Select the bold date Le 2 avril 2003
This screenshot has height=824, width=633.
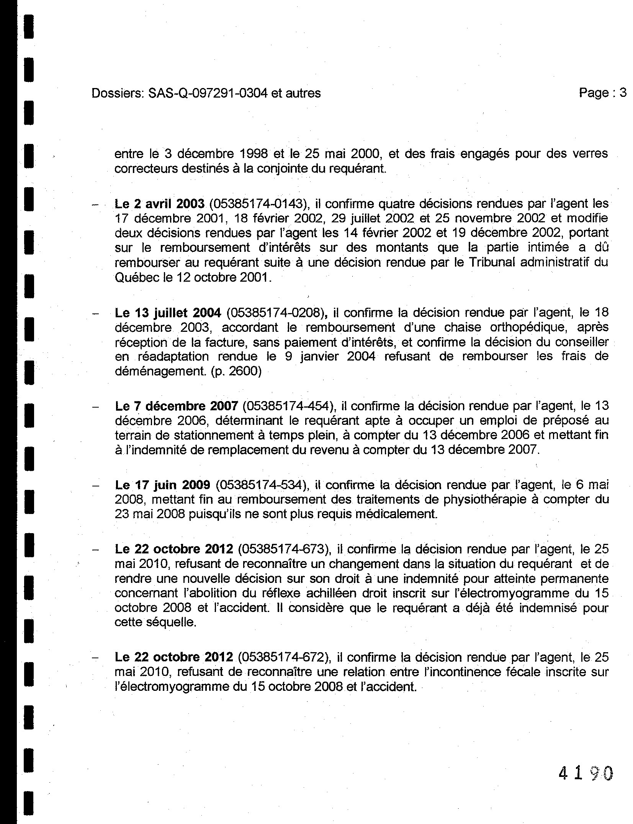click(160, 204)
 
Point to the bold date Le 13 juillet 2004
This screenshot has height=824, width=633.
click(168, 313)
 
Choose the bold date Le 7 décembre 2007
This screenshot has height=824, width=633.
click(177, 406)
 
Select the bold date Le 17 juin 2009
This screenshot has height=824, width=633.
click(162, 485)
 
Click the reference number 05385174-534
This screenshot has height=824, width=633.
click(262, 485)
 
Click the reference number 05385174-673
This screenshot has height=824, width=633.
click(284, 549)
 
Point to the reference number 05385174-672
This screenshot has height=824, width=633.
click(284, 657)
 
